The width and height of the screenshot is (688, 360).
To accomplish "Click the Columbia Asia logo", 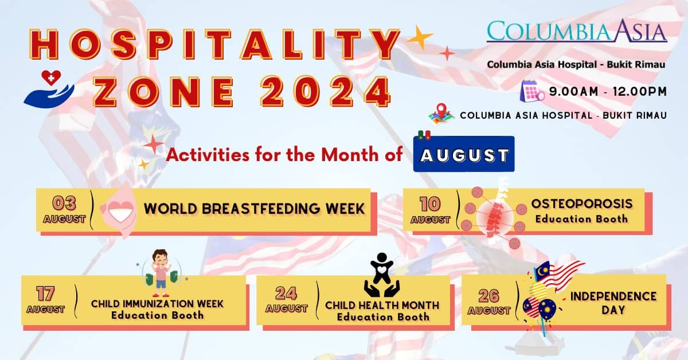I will [577, 31].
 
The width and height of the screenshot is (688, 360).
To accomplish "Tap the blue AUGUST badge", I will [464, 155].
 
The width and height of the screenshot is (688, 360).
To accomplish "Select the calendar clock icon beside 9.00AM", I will [532, 91].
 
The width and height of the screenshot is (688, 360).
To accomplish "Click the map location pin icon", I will [441, 114].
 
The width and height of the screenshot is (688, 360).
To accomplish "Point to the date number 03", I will [64, 203].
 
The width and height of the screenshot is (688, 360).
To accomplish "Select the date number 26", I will [488, 295].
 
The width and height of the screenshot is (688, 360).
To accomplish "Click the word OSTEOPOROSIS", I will [581, 204].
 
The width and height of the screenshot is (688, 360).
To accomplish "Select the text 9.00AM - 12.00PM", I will [607, 91].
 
